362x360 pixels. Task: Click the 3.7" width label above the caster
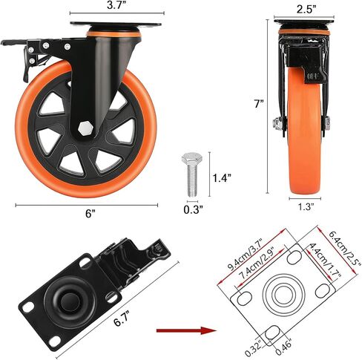click(116, 5)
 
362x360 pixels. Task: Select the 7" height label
click(259, 104)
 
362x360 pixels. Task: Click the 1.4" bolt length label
click(223, 178)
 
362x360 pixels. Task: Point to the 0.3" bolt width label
click(193, 209)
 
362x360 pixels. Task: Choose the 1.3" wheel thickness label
click(305, 206)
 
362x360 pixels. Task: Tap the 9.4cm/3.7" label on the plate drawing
click(247, 255)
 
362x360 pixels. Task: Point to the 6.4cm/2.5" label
click(343, 249)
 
